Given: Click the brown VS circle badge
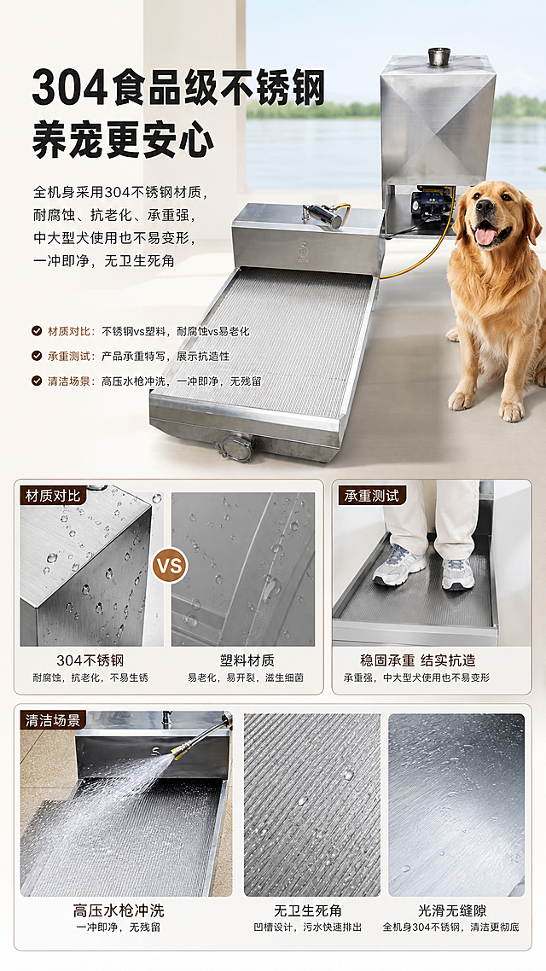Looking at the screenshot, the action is (x=170, y=566).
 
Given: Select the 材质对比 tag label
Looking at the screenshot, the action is (x=53, y=496).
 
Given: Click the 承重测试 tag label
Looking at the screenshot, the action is (x=371, y=496).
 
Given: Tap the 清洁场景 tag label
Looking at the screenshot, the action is (x=53, y=720).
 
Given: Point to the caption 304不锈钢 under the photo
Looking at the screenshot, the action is (x=90, y=660).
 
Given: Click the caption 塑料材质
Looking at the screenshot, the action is (x=247, y=660).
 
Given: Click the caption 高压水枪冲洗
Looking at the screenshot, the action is (x=119, y=911).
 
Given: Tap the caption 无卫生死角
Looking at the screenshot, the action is (x=308, y=911).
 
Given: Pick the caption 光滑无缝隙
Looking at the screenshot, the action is (x=452, y=911).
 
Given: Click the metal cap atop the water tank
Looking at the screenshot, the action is (x=439, y=56).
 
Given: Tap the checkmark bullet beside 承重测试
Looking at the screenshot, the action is (x=38, y=356).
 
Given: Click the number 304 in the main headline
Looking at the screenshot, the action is (x=69, y=89).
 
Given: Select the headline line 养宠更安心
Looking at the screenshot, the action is (x=123, y=141).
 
